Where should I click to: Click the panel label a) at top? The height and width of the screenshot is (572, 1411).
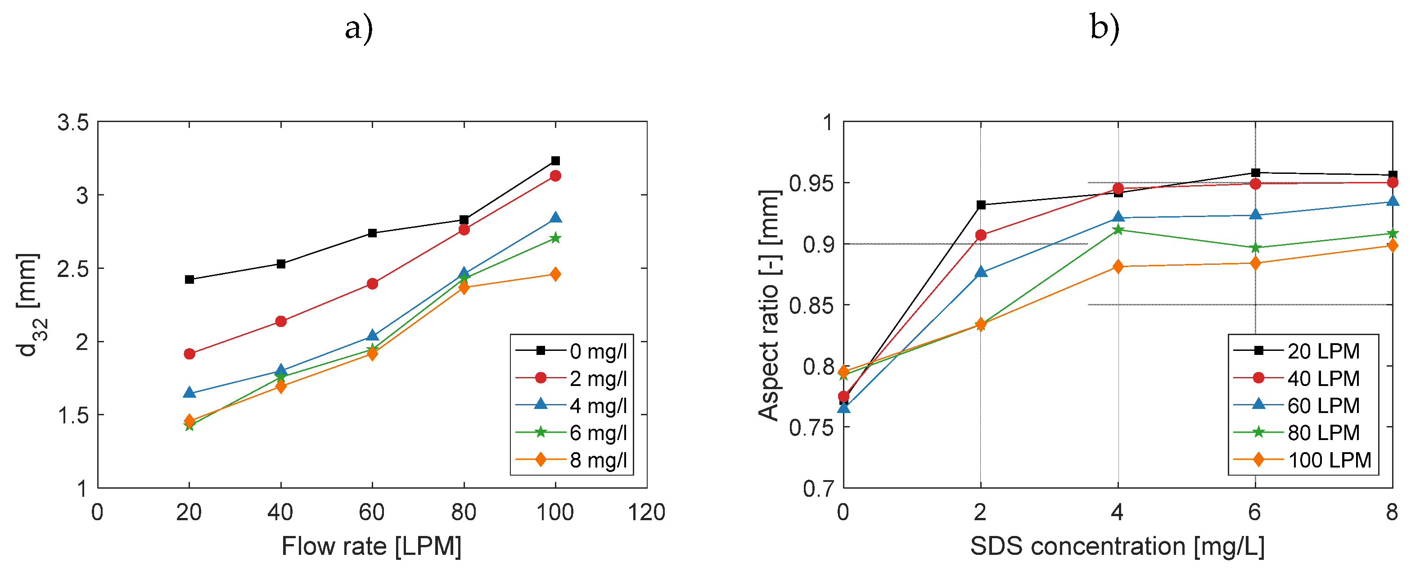[x=359, y=27]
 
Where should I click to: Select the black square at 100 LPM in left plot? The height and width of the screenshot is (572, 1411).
[x=555, y=160]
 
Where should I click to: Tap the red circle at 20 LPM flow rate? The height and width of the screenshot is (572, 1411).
[x=189, y=354]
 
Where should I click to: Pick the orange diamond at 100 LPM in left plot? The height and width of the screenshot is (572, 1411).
[x=555, y=274]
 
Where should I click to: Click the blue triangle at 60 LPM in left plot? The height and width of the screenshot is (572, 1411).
[x=372, y=335]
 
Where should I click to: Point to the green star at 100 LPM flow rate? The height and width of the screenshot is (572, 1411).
[x=555, y=238]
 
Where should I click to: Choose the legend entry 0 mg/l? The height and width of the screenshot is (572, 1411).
[x=598, y=351]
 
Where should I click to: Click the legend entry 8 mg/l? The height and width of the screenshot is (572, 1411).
[x=598, y=460]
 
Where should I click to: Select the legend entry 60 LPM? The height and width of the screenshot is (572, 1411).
[x=1323, y=405]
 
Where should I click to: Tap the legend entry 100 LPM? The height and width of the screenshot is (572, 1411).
[x=1329, y=460]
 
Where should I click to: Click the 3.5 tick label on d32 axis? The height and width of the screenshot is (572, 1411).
[x=73, y=122]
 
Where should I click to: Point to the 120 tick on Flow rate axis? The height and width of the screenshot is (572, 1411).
[x=646, y=512]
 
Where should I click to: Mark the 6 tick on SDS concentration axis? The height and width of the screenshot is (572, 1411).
[x=1254, y=512]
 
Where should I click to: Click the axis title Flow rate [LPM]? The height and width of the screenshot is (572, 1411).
[x=371, y=546]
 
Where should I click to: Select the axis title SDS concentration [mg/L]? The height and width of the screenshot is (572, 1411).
[x=1118, y=546]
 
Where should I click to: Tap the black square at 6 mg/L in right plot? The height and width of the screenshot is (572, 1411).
[x=1255, y=173]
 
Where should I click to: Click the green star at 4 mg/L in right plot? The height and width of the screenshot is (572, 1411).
[x=1118, y=230]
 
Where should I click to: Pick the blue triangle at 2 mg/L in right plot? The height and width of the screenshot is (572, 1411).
[x=980, y=272]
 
